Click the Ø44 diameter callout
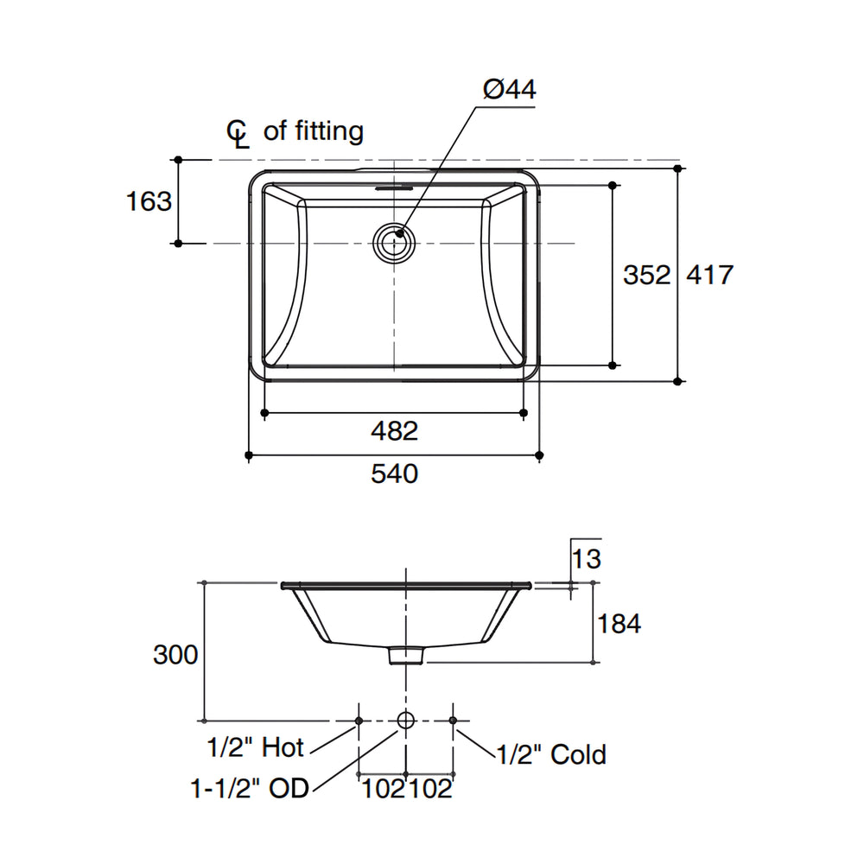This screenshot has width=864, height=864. point(509,89)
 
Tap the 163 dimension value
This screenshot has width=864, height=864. point(149,201)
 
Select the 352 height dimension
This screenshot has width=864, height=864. point(647,275)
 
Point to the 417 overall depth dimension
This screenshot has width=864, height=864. point(709,275)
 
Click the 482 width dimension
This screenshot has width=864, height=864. point(395,431)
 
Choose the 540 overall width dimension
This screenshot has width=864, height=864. point(395,473)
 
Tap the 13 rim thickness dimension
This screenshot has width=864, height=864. point(587,559)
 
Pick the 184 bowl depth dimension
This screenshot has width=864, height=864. point(619,624)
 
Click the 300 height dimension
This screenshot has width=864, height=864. point(175,655)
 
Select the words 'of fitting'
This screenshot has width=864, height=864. point(314,131)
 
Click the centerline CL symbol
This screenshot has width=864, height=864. point(238,134)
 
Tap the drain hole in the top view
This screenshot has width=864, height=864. point(395,243)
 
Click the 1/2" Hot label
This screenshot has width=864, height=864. point(255,747)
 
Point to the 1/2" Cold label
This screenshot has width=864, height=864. point(551,754)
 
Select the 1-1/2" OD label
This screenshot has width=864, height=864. point(250,789)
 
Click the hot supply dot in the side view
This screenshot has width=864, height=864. point(359,721)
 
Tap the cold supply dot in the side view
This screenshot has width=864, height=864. point(453,721)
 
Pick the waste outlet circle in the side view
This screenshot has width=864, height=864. point(405,720)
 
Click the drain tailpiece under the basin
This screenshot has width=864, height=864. point(406,655)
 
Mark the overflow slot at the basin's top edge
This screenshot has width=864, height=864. point(395,187)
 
